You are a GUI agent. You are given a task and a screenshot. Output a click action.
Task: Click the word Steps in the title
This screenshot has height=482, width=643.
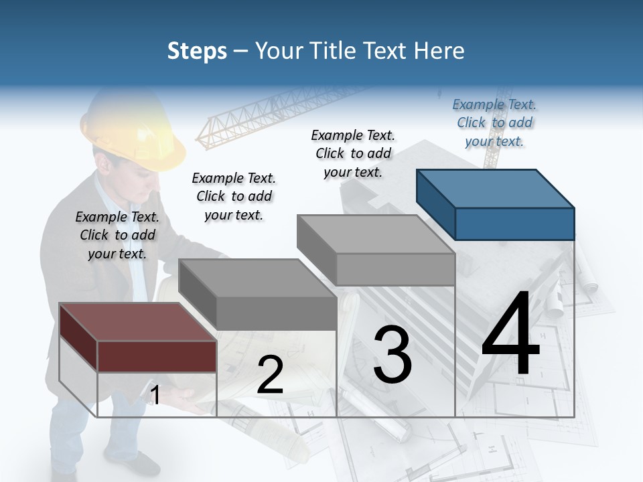[196, 51]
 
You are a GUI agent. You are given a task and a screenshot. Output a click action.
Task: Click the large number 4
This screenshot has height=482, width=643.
[510, 335]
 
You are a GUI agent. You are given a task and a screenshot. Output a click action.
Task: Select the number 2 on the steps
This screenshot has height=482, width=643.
[270, 375]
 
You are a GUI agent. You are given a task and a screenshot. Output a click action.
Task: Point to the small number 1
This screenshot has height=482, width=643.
[155, 396]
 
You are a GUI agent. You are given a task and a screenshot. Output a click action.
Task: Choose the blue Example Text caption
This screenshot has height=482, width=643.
[494, 123]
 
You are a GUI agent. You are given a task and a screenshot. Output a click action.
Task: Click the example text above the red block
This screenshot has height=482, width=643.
[117, 235]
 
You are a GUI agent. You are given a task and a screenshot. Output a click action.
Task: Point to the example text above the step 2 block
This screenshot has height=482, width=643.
[234, 196]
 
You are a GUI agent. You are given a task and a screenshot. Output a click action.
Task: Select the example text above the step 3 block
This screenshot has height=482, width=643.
[353, 153]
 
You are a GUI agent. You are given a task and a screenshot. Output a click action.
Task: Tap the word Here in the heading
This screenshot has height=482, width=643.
[441, 51]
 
